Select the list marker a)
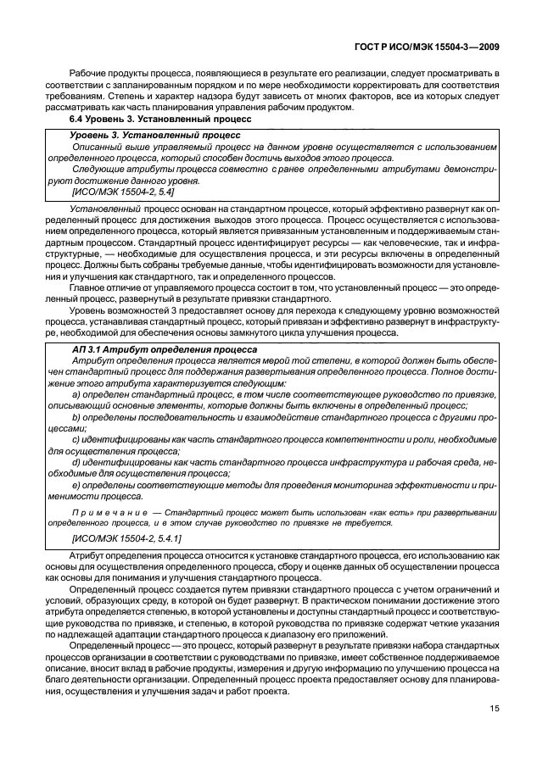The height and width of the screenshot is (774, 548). tap(77, 395)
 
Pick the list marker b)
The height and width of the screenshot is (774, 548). tap(77, 417)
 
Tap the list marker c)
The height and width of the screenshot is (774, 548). tap(77, 440)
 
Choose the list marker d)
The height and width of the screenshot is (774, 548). tap(77, 463)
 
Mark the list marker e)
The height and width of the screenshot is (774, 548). tap(77, 486)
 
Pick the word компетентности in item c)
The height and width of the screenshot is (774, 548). tap(349, 440)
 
